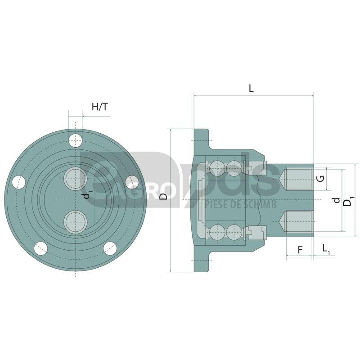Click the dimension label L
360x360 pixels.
pos(251,88)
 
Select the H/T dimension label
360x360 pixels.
pos(99,107)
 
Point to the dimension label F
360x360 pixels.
pos(300,250)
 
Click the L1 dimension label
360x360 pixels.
pos(326,249)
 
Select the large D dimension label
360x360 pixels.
pos(163,196)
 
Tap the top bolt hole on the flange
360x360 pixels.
pos(75,140)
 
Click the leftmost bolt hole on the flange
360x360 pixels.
pos(19,182)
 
